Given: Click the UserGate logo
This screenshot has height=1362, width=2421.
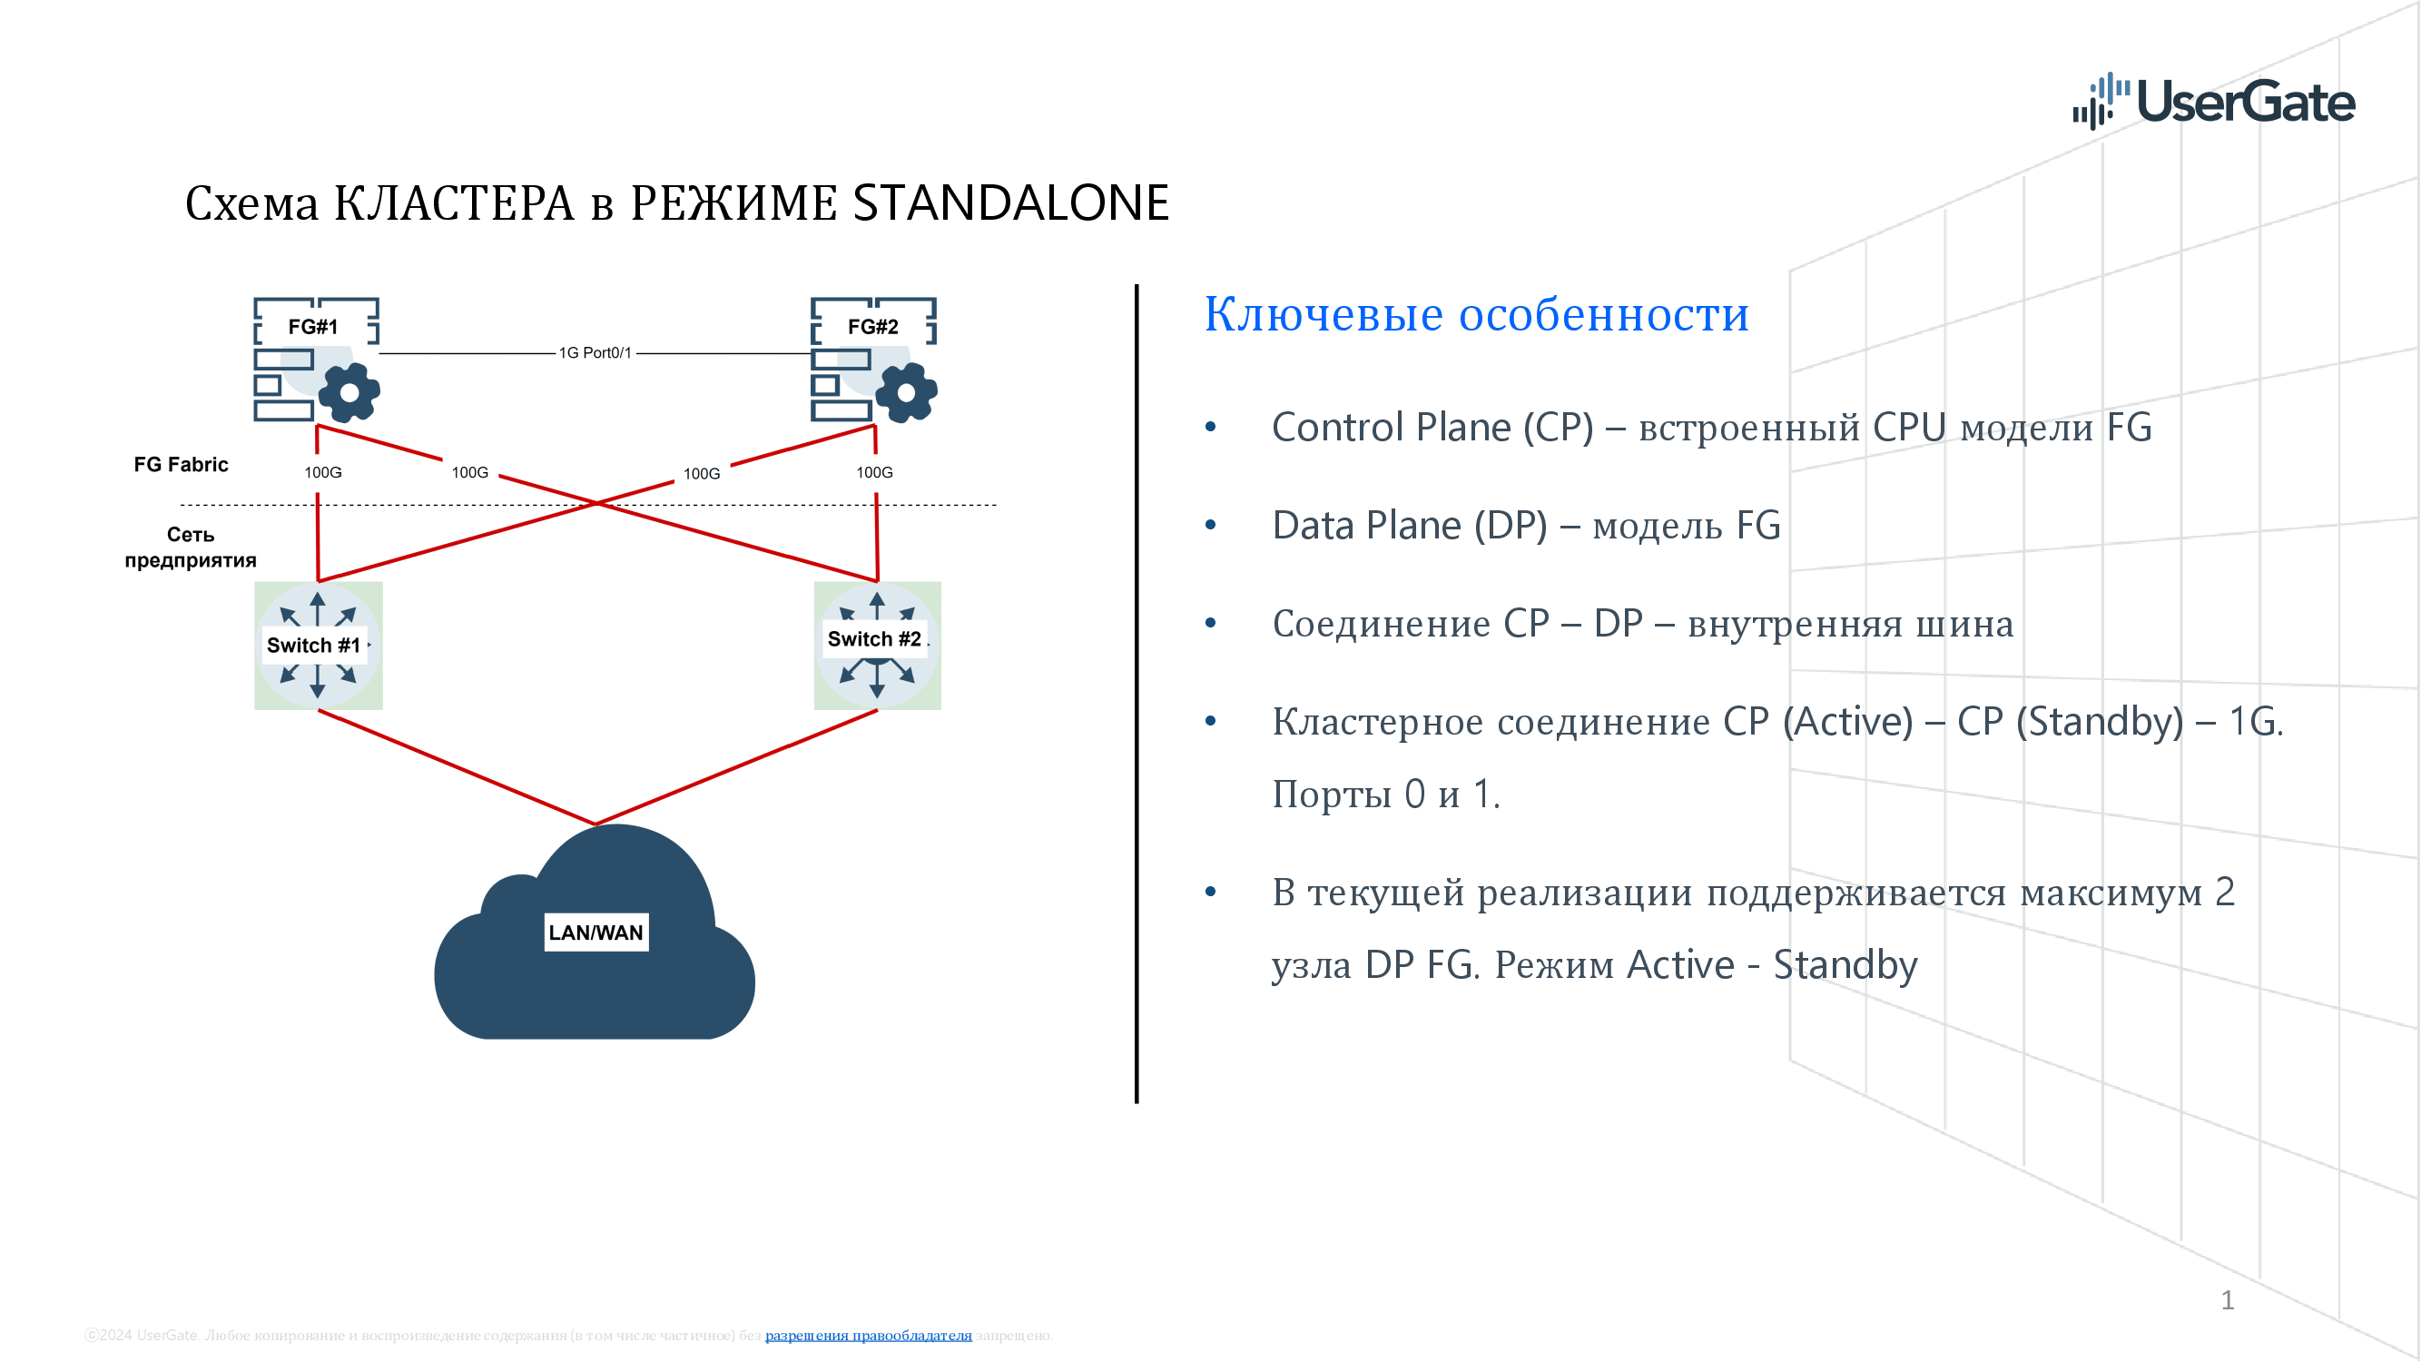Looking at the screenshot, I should click(2212, 102).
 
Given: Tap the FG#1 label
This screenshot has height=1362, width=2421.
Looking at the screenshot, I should click(313, 326).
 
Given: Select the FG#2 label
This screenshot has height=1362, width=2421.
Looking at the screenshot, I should click(872, 326).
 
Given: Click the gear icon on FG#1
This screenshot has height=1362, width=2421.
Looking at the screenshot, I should click(349, 392).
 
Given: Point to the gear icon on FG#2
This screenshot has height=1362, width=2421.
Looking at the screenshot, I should click(906, 392).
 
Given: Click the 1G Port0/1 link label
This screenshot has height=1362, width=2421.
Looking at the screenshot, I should click(595, 352).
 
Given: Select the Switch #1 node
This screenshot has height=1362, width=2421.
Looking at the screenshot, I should click(318, 645).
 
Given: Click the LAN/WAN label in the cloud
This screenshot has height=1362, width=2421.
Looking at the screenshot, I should click(595, 933).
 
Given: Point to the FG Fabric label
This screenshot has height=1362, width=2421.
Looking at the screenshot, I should click(181, 464).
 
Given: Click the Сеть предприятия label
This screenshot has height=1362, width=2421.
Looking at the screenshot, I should click(191, 547).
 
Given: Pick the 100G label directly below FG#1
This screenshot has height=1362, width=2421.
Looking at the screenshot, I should click(322, 472).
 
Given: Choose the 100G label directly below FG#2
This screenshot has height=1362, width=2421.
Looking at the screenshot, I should click(874, 472).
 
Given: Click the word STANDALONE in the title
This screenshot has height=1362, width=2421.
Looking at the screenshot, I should click(1010, 203).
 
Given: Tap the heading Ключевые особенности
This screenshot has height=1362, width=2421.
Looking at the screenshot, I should click(1475, 314).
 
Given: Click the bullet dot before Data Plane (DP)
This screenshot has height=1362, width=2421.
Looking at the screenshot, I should click(1211, 526).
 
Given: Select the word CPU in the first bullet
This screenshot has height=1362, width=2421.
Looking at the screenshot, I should click(1909, 428).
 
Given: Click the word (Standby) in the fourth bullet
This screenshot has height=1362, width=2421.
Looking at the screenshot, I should click(2100, 722).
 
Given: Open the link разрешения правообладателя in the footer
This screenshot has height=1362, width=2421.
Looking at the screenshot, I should click(868, 1335).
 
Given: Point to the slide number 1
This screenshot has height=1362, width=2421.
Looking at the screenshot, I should click(2227, 1300).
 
